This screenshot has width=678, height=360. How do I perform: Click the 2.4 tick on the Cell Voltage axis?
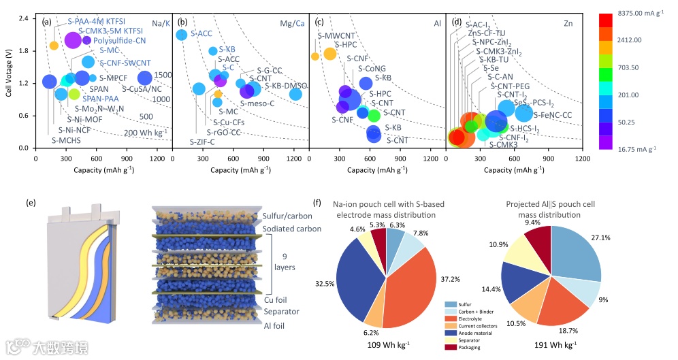(x=23, y=18)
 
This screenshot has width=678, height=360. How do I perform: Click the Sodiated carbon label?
(x=291, y=229)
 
